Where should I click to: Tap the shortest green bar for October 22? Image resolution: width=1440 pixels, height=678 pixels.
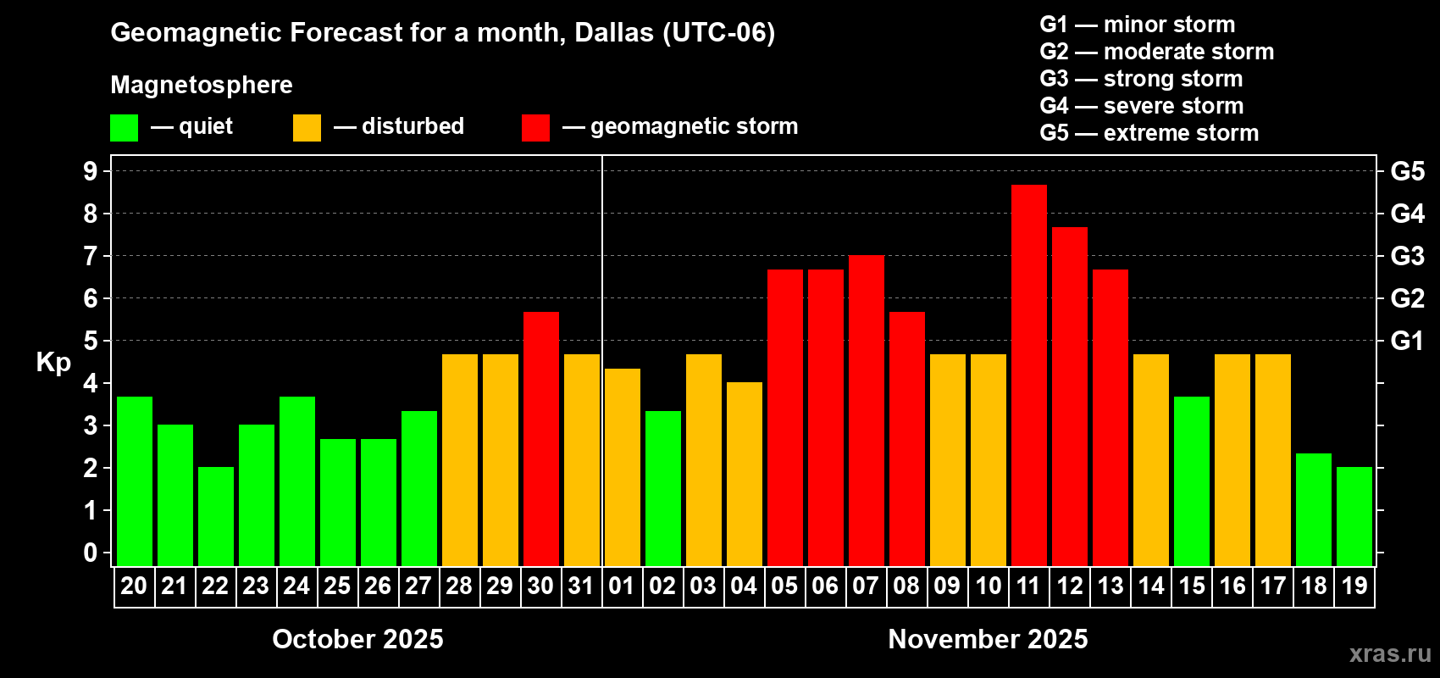[215, 516]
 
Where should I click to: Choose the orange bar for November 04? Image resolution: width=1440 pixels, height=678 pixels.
[744, 474]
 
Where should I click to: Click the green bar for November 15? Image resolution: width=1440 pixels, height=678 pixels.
[1191, 481]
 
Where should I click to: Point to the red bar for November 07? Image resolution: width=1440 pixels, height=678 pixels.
[866, 410]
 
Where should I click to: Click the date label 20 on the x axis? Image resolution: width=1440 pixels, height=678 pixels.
[134, 586]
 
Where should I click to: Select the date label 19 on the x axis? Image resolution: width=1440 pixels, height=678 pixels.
[1354, 586]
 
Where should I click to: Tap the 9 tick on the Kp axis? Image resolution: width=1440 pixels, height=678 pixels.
[91, 171]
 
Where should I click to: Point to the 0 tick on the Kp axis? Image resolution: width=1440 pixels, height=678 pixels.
[91, 553]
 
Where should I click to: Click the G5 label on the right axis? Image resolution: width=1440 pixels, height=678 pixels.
[1407, 171]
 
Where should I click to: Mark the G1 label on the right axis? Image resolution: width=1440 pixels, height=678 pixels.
[1407, 341]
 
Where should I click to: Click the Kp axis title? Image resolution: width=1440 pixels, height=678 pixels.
[53, 362]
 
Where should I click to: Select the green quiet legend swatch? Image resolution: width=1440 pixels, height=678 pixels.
[124, 128]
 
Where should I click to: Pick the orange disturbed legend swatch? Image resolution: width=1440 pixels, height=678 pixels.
[307, 128]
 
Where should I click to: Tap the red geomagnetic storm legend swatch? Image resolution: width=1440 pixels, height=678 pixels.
[535, 128]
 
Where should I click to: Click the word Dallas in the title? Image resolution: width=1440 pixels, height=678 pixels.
[614, 32]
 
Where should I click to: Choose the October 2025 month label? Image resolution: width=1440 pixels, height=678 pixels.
[357, 639]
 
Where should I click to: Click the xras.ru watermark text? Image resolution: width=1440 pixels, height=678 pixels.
[1390, 653]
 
